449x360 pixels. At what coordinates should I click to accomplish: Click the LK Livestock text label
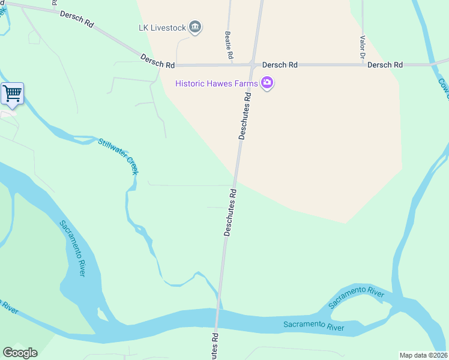159,27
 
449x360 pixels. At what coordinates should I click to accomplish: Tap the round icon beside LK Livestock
195,27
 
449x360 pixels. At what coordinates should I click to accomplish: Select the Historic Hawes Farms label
217,83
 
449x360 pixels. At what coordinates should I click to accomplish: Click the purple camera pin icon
268,83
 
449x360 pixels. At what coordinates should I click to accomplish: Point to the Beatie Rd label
229,45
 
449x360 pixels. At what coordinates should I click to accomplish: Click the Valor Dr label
363,47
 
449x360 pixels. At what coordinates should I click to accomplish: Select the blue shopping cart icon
12,94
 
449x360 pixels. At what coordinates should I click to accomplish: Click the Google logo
20,353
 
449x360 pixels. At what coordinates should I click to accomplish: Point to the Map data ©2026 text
424,355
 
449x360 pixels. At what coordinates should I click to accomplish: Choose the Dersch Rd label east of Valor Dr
385,65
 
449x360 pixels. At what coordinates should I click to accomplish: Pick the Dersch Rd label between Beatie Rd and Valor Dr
281,65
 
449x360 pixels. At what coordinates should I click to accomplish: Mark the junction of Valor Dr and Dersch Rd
363,65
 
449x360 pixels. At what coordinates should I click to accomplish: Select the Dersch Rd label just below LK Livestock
157,60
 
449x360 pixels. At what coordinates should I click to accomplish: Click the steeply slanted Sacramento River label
72,248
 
